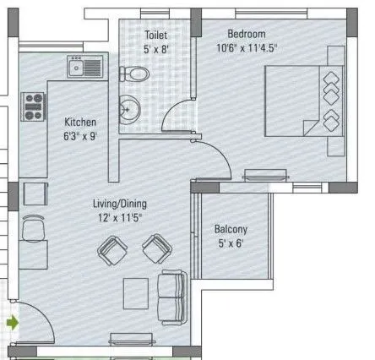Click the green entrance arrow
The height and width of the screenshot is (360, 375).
11,321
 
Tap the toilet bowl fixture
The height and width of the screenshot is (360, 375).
137,74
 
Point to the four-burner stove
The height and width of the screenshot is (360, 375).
33,105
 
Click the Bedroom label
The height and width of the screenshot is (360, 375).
247,34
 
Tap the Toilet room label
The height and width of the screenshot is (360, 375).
156,36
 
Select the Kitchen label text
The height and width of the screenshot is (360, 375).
80,122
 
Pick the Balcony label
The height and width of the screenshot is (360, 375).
231,229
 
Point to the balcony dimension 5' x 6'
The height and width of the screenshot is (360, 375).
231,243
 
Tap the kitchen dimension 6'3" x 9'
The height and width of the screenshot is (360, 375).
80,135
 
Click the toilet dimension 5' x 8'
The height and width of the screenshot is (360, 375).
156,50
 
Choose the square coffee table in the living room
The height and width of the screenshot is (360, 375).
139,292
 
